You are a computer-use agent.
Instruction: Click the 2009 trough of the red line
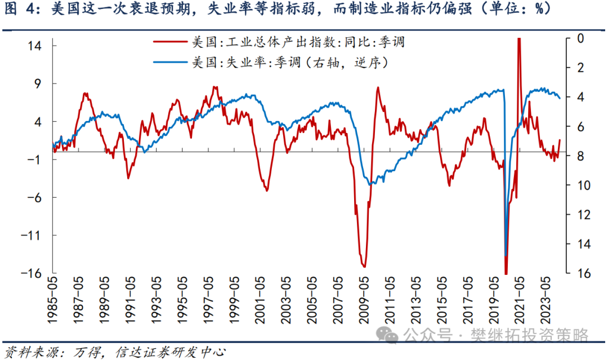pyautogui.click(x=364, y=266)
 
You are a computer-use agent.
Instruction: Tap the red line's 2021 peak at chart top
pyautogui.click(x=518, y=39)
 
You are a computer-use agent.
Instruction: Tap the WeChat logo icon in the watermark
pyautogui.click(x=387, y=335)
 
